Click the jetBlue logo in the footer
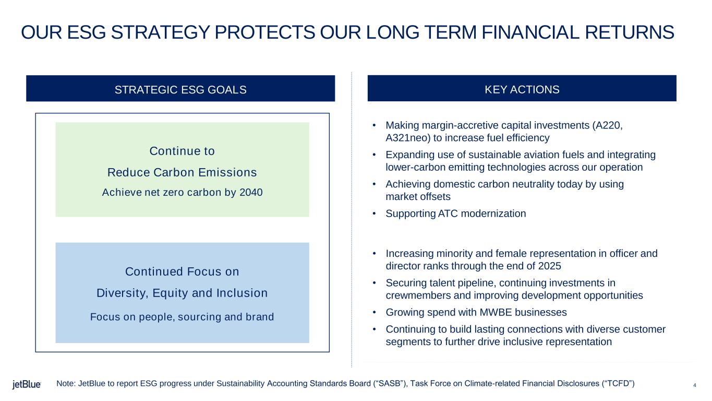(27, 384)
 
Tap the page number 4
(694, 385)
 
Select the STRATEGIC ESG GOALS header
(180, 90)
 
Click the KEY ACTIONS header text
(522, 89)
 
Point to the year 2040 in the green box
(251, 192)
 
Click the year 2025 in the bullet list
(549, 266)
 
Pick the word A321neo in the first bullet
(408, 138)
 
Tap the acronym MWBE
(496, 312)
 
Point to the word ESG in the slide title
(86, 32)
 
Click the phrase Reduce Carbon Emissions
(182, 172)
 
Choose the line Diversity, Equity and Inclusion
(182, 293)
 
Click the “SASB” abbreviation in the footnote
(389, 383)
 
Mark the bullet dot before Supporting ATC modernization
(375, 214)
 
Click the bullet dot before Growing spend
(375, 312)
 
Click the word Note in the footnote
(66, 383)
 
